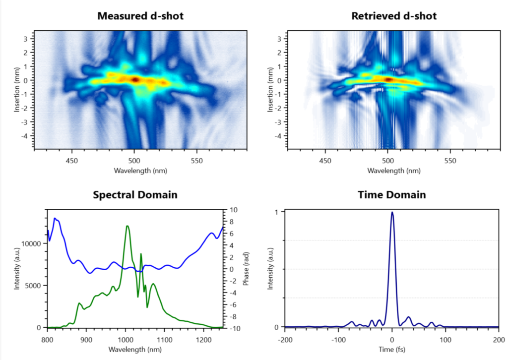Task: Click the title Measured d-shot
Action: coord(140,16)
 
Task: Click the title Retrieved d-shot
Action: coord(394,16)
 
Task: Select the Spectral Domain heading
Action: coord(135,195)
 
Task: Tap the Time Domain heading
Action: coord(391,195)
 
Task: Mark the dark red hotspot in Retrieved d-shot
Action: coord(389,79)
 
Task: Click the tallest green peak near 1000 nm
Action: coord(127,226)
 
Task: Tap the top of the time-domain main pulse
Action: coord(392,212)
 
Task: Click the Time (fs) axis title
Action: coord(392,350)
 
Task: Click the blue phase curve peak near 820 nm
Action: coord(55,218)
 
